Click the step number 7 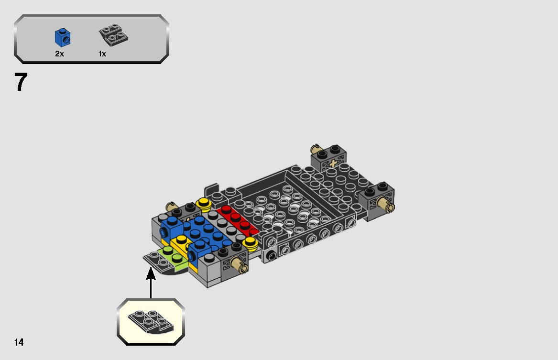tap(21, 82)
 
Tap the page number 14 tap(19, 342)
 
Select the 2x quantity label tap(59, 54)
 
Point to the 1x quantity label tap(102, 54)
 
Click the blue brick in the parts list tap(63, 38)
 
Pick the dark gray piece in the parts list tap(113, 35)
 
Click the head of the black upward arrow tap(151, 273)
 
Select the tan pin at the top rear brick tap(316, 148)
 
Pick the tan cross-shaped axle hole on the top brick tap(333, 164)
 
